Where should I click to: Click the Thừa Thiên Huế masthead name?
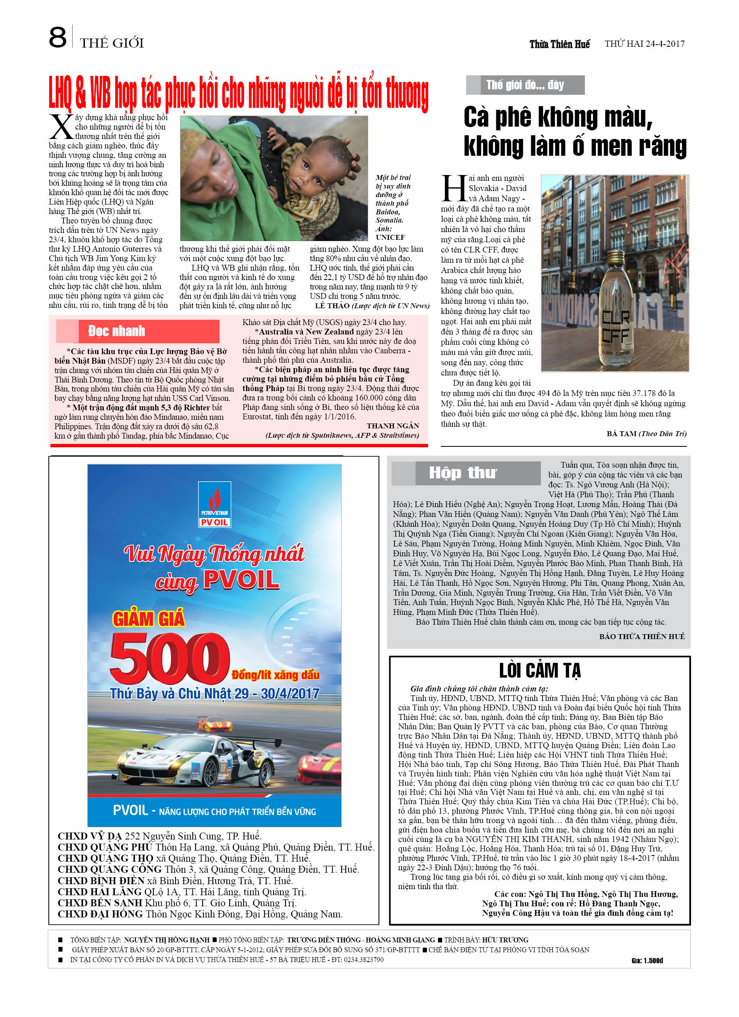pos(559,44)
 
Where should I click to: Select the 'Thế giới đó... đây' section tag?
pos(525,85)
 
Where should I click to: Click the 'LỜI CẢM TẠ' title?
pos(540,671)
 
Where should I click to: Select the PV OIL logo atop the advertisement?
pos(214,505)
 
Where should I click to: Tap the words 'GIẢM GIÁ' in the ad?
pos(148,619)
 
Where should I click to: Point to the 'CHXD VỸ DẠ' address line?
pos(159,836)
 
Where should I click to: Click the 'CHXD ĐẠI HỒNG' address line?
pos(200,914)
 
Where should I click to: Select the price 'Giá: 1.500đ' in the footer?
pos(647,960)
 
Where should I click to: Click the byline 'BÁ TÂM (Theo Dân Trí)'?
pos(646,434)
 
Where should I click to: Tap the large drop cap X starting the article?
pos(61,127)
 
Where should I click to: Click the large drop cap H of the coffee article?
pos(454,188)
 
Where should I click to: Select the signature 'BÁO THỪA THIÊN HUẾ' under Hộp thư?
pos(642,636)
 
